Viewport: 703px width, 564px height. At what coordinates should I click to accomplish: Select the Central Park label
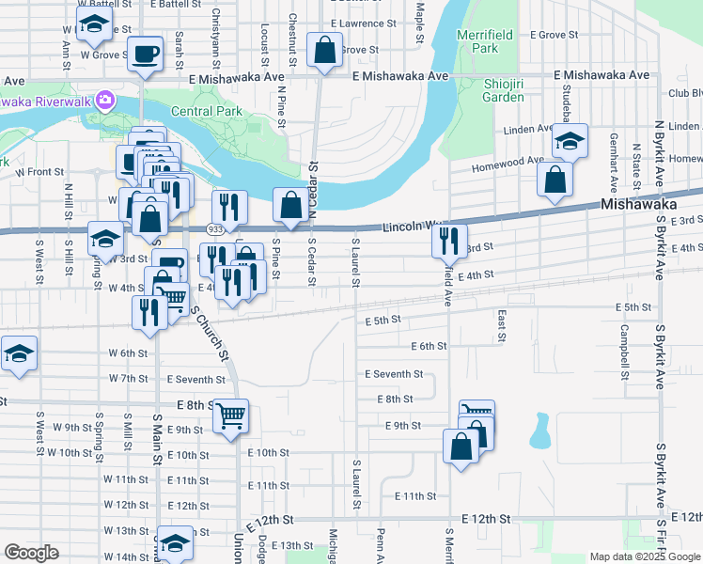tap(206, 111)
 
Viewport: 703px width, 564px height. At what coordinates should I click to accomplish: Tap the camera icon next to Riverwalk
tap(105, 99)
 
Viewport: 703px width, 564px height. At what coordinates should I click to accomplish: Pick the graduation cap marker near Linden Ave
tap(570, 142)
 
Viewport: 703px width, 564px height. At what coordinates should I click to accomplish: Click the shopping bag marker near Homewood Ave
tap(556, 179)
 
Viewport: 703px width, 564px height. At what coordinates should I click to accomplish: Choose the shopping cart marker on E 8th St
tap(230, 415)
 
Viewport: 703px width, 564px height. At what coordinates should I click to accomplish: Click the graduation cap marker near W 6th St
tap(19, 354)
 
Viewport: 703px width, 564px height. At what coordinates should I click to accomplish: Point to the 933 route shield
tap(215, 228)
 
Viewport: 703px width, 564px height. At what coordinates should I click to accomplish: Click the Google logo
tap(31, 553)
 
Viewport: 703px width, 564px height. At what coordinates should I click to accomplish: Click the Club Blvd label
tap(685, 93)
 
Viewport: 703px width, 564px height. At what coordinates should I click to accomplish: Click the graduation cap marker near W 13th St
tap(175, 542)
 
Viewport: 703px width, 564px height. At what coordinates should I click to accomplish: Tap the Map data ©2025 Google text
tap(645, 556)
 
